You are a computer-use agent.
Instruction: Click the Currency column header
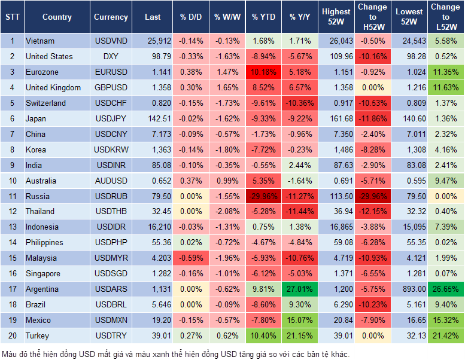tap(111, 17)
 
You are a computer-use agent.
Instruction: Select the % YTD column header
tap(263, 17)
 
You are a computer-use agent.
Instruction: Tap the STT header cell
tap(11, 17)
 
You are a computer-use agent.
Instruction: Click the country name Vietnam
tap(40, 41)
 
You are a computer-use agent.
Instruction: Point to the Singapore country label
tap(43, 273)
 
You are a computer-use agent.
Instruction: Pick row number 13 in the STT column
tap(11, 227)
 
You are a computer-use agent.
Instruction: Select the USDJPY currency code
tap(111, 118)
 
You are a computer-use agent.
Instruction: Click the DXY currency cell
tap(111, 57)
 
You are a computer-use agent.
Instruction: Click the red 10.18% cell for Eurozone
tap(263, 72)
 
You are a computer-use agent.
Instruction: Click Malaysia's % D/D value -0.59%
tap(190, 258)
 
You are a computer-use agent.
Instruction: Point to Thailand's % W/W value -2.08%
tap(226, 211)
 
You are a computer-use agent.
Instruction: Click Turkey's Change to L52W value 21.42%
tap(446, 335)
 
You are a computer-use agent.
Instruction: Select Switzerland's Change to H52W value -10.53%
tap(372, 103)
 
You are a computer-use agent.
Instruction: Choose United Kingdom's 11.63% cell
tap(446, 88)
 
